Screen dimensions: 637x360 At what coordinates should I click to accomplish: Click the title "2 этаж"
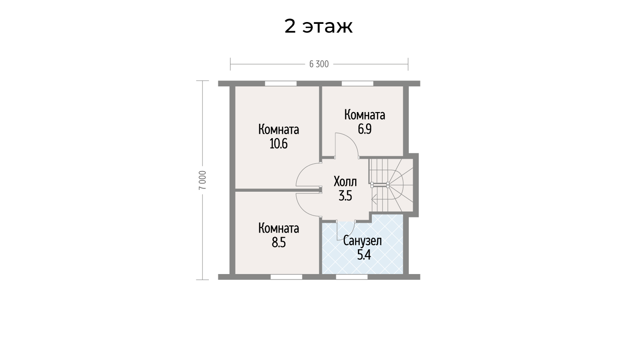[x=319, y=27]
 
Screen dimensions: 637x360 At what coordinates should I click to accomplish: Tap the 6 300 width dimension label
[x=319, y=64]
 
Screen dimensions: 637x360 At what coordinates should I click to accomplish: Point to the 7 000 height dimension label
[x=203, y=180]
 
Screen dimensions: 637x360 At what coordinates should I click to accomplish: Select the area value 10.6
[x=279, y=144]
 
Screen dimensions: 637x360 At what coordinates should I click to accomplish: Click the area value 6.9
[x=365, y=130]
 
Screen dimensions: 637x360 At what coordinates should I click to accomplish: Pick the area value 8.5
[x=279, y=243]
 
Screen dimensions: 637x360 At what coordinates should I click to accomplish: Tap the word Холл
[x=345, y=181]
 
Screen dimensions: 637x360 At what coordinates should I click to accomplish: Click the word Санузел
[x=362, y=241]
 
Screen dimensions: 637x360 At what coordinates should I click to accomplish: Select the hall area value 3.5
[x=345, y=196]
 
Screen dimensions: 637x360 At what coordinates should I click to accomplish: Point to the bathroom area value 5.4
[x=364, y=255]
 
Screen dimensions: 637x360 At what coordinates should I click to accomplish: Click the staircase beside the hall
[x=391, y=185]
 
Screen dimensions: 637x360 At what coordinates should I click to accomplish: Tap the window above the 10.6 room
[x=280, y=83]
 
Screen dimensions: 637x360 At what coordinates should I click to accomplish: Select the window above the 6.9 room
[x=357, y=83]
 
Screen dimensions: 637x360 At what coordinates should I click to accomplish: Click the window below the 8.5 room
[x=286, y=277]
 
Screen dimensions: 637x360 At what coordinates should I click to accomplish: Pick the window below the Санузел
[x=352, y=277]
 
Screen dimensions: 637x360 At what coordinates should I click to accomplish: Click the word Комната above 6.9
[x=365, y=115]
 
